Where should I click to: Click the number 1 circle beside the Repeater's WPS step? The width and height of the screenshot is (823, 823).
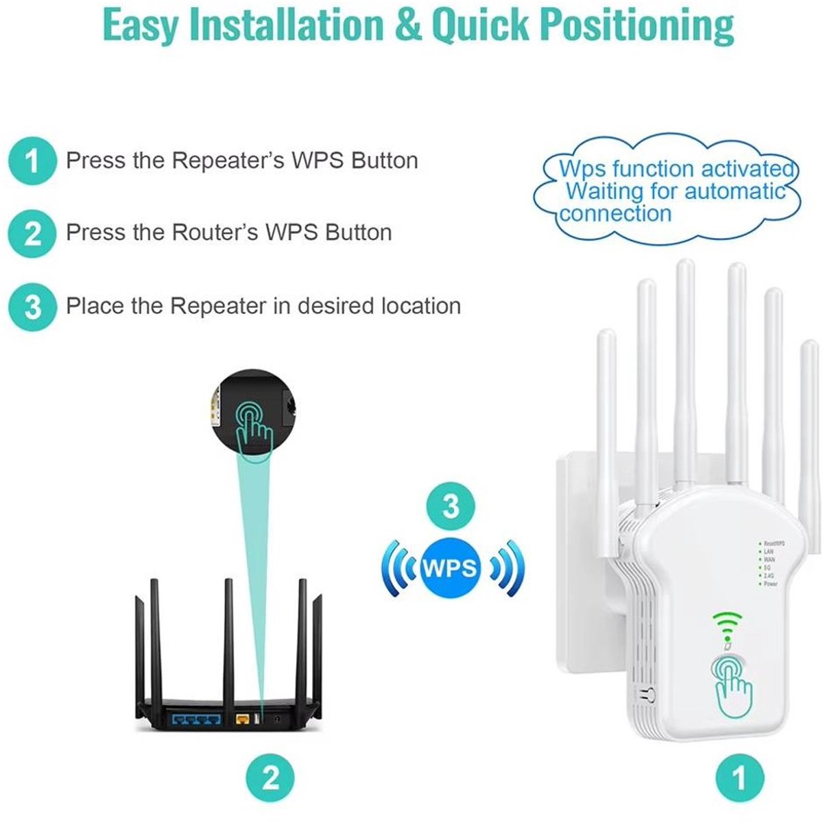32,162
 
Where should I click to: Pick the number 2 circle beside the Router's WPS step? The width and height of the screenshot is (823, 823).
32,234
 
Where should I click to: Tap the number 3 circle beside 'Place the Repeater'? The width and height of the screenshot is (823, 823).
32,307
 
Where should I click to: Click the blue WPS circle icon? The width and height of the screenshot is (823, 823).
450,568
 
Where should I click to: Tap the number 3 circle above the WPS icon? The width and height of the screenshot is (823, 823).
450,507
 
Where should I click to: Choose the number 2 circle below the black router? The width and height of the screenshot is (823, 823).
271,778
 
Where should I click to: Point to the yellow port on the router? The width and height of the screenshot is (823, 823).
242,719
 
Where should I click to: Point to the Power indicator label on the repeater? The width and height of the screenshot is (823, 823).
771,584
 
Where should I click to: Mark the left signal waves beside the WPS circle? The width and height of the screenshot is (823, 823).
398,568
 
